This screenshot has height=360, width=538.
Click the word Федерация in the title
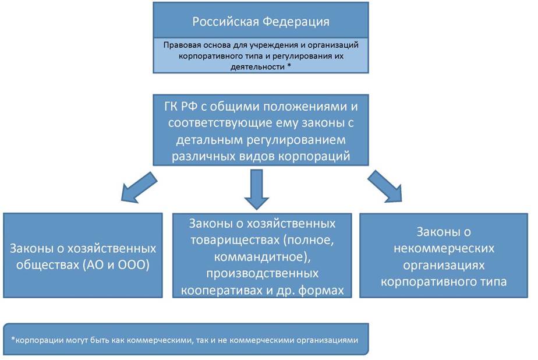click(x=296, y=22)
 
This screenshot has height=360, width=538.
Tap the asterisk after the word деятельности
click(x=289, y=66)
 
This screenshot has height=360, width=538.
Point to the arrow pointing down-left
click(x=139, y=187)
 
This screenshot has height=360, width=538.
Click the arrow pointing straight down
click(x=257, y=189)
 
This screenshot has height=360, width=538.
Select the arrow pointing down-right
click(x=385, y=186)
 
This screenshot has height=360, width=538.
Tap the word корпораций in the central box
click(x=314, y=157)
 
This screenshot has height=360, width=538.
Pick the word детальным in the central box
click(x=210, y=140)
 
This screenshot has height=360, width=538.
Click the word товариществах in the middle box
click(x=236, y=240)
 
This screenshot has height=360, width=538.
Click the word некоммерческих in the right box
click(x=444, y=248)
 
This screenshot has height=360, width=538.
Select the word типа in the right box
click(x=491, y=282)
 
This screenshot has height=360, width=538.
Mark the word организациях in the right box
click(x=444, y=265)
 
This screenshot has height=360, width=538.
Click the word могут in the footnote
click(x=77, y=340)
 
